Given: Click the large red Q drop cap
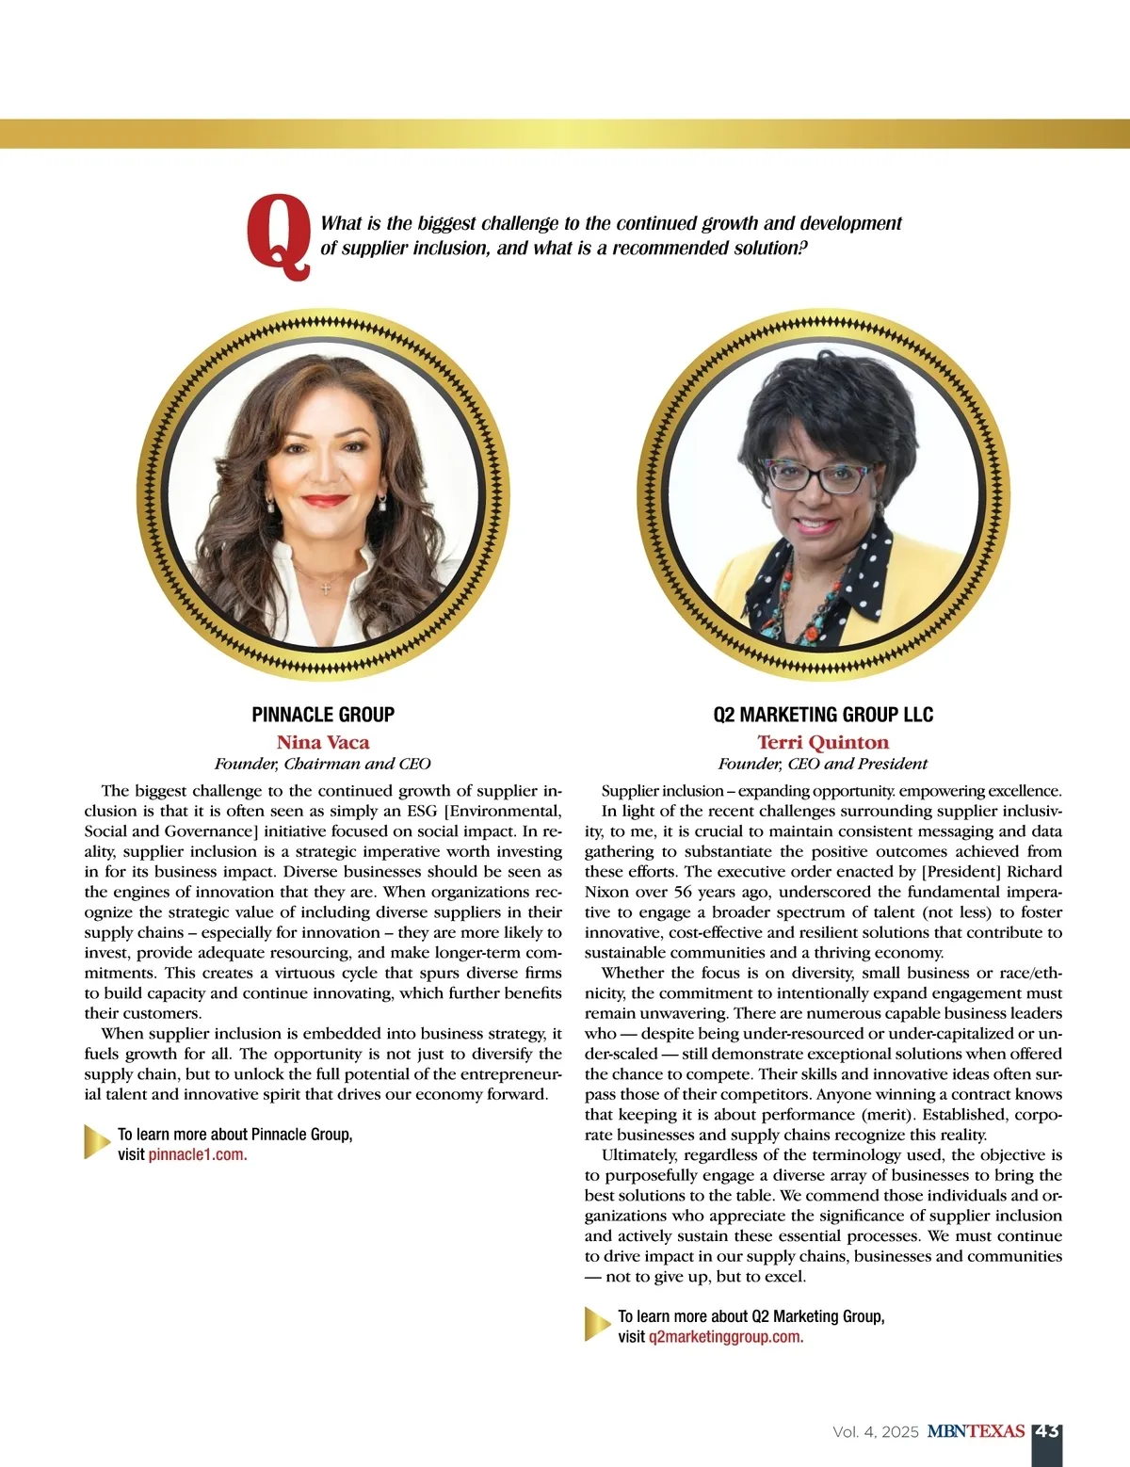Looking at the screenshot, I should (x=279, y=237).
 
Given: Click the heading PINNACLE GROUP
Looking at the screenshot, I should (x=323, y=715).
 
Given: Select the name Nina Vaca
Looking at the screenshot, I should (x=323, y=742).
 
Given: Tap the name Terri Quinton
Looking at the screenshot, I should (x=823, y=742).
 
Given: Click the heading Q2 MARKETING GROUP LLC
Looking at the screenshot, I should (x=823, y=715).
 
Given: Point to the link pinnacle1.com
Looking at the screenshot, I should (x=197, y=1154).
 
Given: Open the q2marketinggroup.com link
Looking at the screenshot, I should (x=725, y=1337).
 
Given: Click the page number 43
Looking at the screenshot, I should (x=1047, y=1431).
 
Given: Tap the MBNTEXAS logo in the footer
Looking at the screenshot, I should (x=976, y=1431).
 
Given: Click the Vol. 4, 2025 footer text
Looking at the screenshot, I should (x=875, y=1432).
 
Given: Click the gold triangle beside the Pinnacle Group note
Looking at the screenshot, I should (x=97, y=1141).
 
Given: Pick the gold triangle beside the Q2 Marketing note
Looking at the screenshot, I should (x=597, y=1324).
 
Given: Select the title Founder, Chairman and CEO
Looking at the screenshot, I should (x=323, y=764).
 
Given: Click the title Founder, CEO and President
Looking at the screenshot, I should (x=823, y=764).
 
